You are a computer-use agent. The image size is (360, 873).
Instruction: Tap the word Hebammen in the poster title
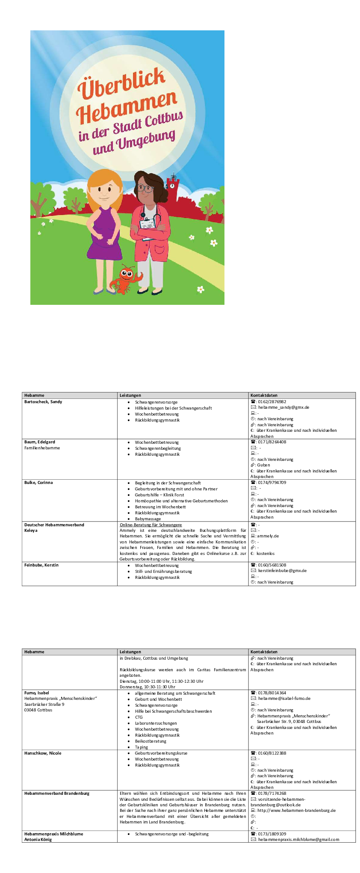pos(127,107)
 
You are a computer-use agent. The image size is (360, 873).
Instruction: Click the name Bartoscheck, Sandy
pos(43,402)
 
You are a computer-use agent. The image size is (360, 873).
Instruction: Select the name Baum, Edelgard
pos(40,442)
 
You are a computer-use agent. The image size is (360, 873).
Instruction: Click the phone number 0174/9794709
pos(272,483)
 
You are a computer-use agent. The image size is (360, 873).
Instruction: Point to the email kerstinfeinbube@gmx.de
pos(282,571)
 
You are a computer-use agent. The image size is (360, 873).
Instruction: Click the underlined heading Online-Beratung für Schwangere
pos(150,525)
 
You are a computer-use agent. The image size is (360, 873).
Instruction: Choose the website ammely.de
pos(268,536)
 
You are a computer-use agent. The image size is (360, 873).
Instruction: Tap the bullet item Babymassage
pos(148,519)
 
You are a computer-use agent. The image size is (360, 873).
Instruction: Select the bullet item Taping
pos(142,747)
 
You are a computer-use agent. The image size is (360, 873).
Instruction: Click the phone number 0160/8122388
pos(272,753)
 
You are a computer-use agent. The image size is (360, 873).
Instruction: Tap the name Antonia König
pos(38,839)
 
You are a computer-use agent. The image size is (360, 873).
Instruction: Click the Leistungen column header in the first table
pos(130,395)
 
